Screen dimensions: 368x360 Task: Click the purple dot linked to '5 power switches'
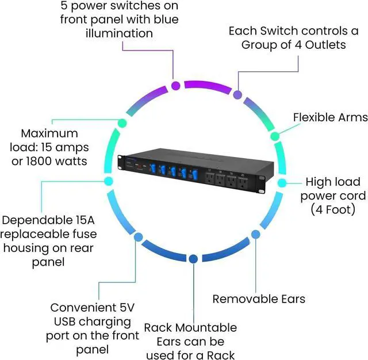[175, 86]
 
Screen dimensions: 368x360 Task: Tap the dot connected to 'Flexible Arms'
[275, 136]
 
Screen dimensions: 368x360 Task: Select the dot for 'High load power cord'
[282, 183]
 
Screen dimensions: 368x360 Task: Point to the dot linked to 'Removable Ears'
[255, 234]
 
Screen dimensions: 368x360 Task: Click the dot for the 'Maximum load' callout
[122, 123]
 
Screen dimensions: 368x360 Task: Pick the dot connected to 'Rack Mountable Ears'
[193, 259]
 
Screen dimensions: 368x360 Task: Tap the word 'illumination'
[119, 33]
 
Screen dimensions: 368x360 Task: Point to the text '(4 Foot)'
[333, 209]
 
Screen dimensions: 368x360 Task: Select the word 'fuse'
[86, 234]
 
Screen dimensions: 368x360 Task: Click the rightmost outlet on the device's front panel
[243, 183]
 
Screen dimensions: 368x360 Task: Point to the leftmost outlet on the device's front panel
[209, 178]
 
